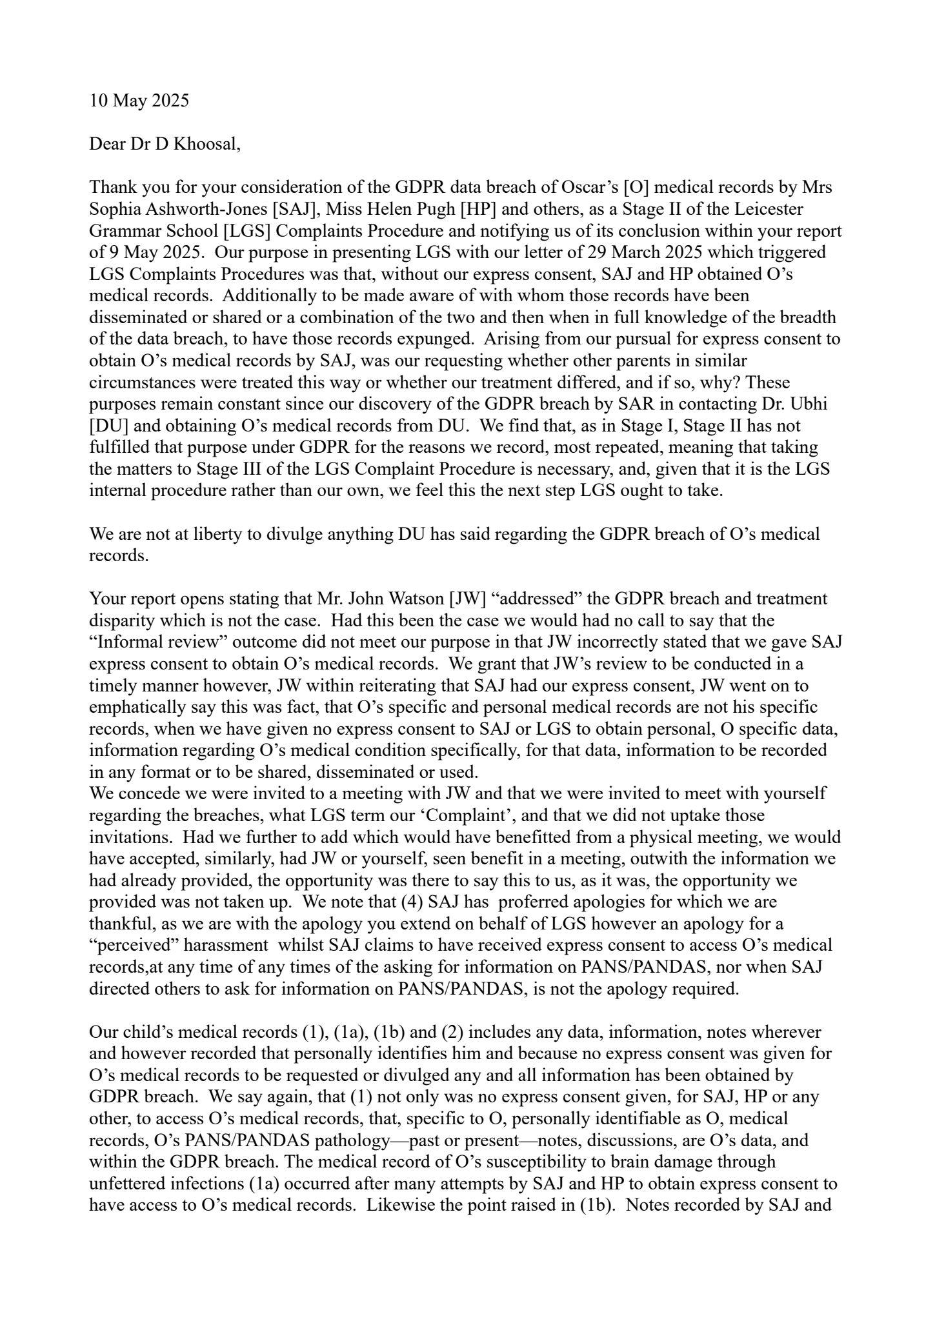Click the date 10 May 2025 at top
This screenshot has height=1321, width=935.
(139, 101)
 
